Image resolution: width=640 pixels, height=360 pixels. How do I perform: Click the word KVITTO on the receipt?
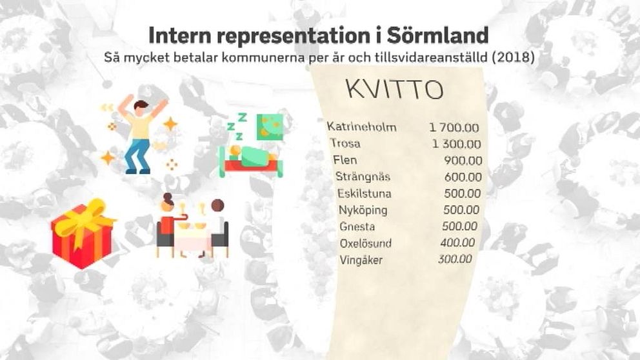pos(395,90)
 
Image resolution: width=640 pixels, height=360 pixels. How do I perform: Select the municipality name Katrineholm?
pos(362,127)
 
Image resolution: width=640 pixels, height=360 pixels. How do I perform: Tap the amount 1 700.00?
pos(454,128)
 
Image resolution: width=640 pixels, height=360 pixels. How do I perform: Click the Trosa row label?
pos(345,143)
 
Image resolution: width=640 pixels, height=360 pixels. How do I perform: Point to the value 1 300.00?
pos(457,144)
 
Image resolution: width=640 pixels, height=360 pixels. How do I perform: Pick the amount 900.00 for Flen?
pos(463,161)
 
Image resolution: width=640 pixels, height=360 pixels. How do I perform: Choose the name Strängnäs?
pos(363,176)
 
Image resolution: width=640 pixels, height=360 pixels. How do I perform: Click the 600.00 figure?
pos(463,177)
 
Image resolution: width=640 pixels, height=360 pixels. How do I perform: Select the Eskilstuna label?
pos(365,193)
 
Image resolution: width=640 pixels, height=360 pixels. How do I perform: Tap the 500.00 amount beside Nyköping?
pos(462,210)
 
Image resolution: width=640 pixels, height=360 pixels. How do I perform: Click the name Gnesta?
pos(357,226)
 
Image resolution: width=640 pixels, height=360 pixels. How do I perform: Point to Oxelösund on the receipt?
pos(366,243)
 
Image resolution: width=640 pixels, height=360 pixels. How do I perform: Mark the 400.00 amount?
pos(457,243)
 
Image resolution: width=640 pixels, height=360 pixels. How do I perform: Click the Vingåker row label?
pos(361,260)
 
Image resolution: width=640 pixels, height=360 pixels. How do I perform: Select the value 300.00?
pos(455,259)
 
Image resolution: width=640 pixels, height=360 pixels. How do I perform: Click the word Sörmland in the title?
pos(437,35)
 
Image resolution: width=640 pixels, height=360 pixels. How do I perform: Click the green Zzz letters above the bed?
pos(237,126)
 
